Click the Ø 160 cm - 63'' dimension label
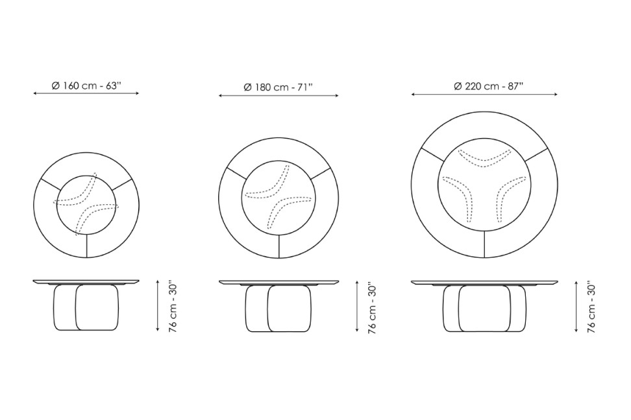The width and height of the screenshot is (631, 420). [x=86, y=86]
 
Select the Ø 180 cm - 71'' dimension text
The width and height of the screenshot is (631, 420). [x=278, y=87]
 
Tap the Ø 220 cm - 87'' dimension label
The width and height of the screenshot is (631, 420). [x=489, y=86]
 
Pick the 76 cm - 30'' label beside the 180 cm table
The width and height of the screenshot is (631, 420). [x=372, y=307]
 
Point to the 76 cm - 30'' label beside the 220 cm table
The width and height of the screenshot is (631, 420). [x=591, y=307]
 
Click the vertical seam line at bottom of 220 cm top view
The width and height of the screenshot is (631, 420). [x=484, y=245]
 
